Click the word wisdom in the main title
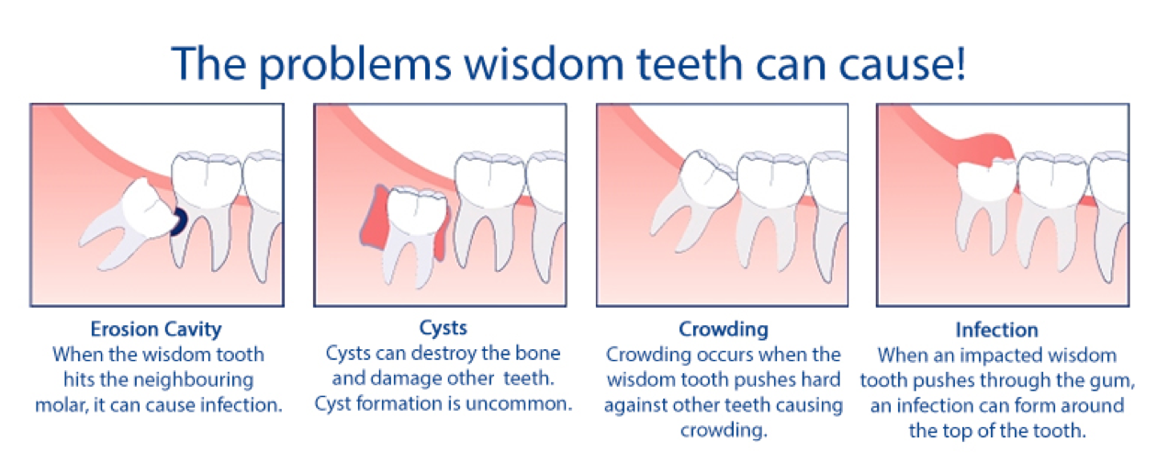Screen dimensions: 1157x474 coord(545,63)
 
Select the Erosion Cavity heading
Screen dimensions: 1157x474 coord(156,329)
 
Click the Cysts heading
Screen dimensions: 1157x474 coord(444,328)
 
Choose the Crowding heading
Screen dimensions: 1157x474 coord(724,329)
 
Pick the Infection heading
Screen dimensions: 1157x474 coord(996,330)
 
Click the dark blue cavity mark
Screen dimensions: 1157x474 coord(180,221)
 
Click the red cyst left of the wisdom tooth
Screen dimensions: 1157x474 coord(376,218)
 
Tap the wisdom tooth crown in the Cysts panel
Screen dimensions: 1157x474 coord(417,211)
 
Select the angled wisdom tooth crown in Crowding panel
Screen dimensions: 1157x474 coord(708,178)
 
